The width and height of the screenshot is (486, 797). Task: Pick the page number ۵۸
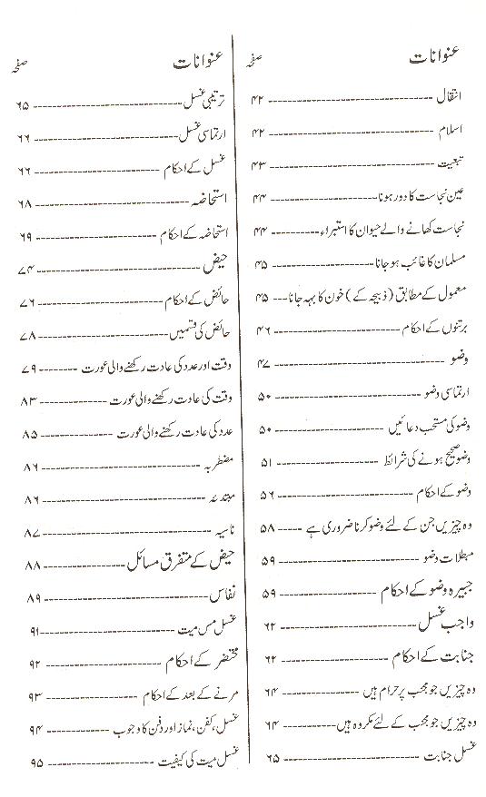267,528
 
